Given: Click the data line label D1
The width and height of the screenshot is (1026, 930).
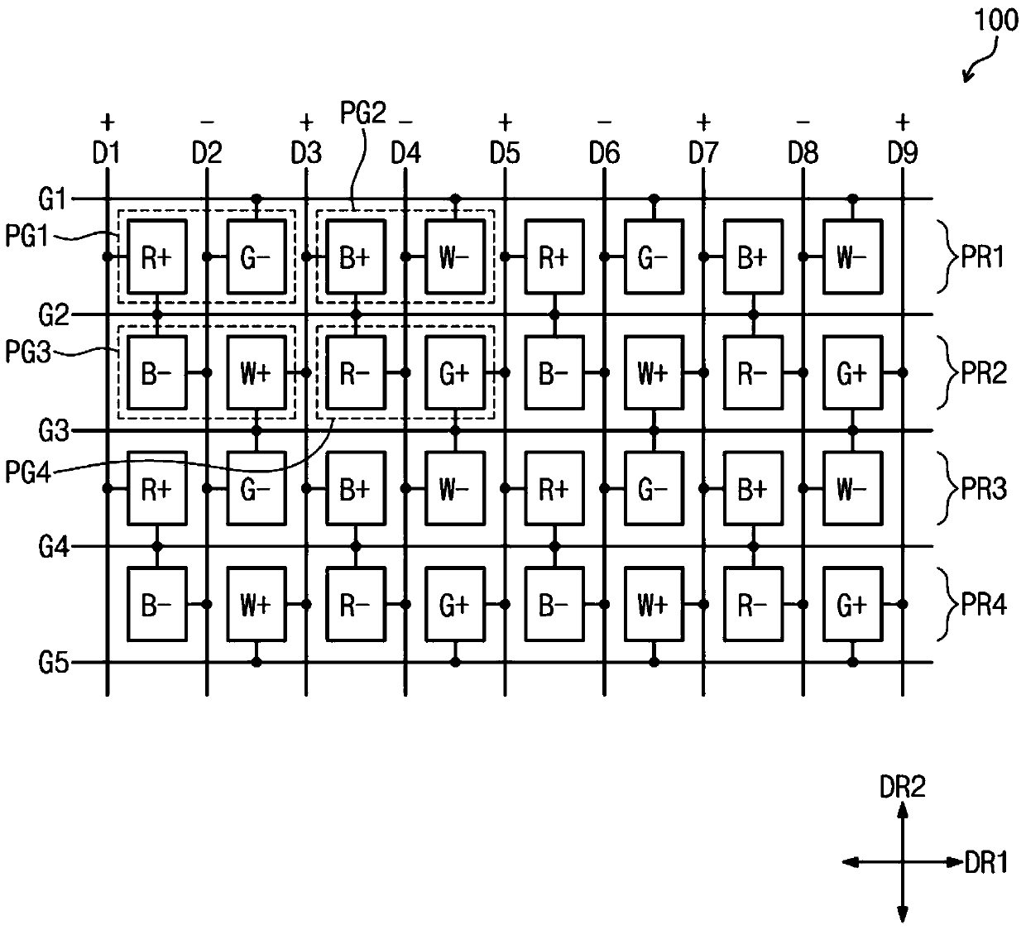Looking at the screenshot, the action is click(107, 153).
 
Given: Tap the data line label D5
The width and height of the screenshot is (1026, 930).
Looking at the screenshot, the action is click(505, 153).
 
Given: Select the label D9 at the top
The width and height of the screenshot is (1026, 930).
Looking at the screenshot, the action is click(903, 153).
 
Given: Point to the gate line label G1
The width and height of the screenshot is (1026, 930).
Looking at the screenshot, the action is click(53, 199).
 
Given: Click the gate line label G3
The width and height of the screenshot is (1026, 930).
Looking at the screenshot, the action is click(53, 431).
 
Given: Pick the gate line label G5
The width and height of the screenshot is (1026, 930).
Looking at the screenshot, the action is click(53, 663).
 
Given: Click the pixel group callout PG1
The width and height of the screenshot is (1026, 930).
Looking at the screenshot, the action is click(26, 237).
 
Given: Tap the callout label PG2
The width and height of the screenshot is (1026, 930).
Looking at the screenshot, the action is click(363, 113).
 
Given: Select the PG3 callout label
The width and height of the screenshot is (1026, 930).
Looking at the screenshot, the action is click(27, 352).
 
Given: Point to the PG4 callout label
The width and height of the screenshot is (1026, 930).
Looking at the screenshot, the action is click(27, 472).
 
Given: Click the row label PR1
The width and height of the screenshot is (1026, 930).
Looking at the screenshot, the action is click(983, 256).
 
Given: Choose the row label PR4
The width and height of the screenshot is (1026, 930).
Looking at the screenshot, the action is click(984, 604).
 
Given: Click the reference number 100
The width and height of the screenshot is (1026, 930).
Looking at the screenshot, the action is click(996, 21).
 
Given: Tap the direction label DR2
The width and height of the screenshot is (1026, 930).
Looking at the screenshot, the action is click(902, 788).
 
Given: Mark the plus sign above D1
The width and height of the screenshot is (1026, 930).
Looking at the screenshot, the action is click(107, 122).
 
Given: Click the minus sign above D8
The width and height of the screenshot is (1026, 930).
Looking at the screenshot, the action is click(803, 122).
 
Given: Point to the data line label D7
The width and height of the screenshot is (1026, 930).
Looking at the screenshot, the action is click(704, 153).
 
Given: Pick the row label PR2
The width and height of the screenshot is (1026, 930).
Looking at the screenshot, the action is click(984, 373).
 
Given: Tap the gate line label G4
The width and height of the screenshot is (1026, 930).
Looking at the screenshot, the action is click(53, 547).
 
